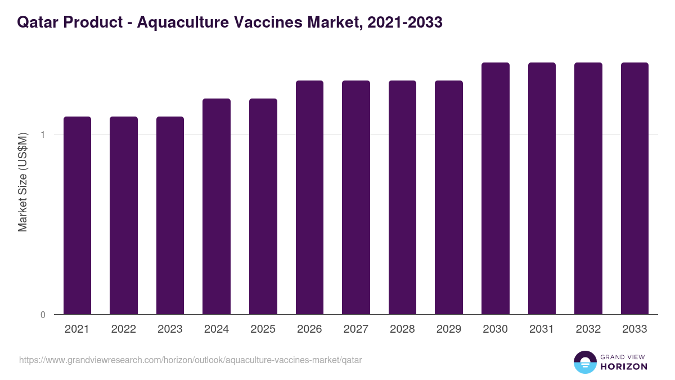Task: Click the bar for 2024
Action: tap(217, 207)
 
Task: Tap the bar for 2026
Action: tap(309, 198)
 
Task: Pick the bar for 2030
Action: tap(496, 189)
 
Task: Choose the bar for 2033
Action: tap(634, 189)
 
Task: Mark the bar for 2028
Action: tap(402, 198)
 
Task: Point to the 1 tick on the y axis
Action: tap(43, 135)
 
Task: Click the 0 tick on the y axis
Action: tap(43, 315)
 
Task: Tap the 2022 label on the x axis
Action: tap(123, 329)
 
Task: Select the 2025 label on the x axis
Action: tap(263, 329)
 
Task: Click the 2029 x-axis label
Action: tap(449, 329)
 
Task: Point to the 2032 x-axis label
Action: tap(588, 329)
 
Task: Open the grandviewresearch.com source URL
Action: tap(190, 360)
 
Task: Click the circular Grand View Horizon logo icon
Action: tap(584, 362)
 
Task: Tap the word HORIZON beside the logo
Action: tap(623, 366)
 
